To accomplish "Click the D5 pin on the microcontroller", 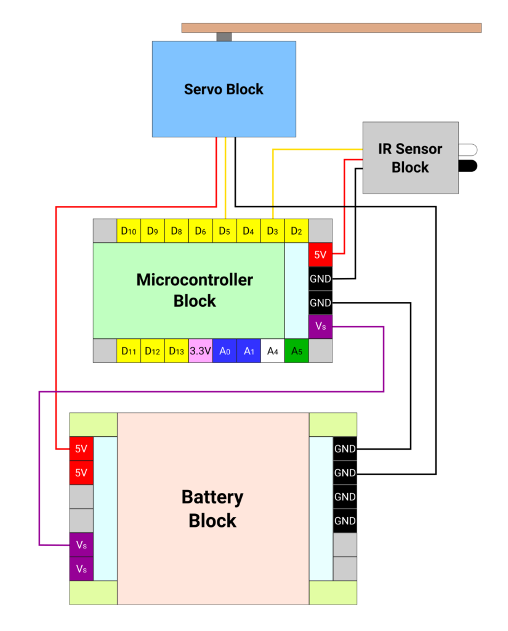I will pos(224,231).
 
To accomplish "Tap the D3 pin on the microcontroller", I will pos(272,231).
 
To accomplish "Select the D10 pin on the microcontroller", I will pos(129,231).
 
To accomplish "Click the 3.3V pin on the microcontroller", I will pos(201,351).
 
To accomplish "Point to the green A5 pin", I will pos(297,351).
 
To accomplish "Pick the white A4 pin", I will pos(273,351).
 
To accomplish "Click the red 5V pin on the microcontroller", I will pos(320,254).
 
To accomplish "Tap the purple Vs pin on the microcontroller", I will pos(320,327).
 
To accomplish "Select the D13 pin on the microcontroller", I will pos(177,351).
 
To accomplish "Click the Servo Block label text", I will pos(224,89).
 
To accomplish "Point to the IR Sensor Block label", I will pos(410,158).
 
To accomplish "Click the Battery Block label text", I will pos(212,508).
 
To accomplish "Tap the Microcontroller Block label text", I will pos(195,290).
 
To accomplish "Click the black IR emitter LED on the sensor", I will pos(468,165).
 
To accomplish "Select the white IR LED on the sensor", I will pos(468,149).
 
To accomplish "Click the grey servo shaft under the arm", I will pos(224,37).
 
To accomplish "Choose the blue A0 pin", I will pos(225,351).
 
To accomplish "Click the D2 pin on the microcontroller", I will pos(296,231).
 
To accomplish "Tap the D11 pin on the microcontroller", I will pos(129,351).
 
